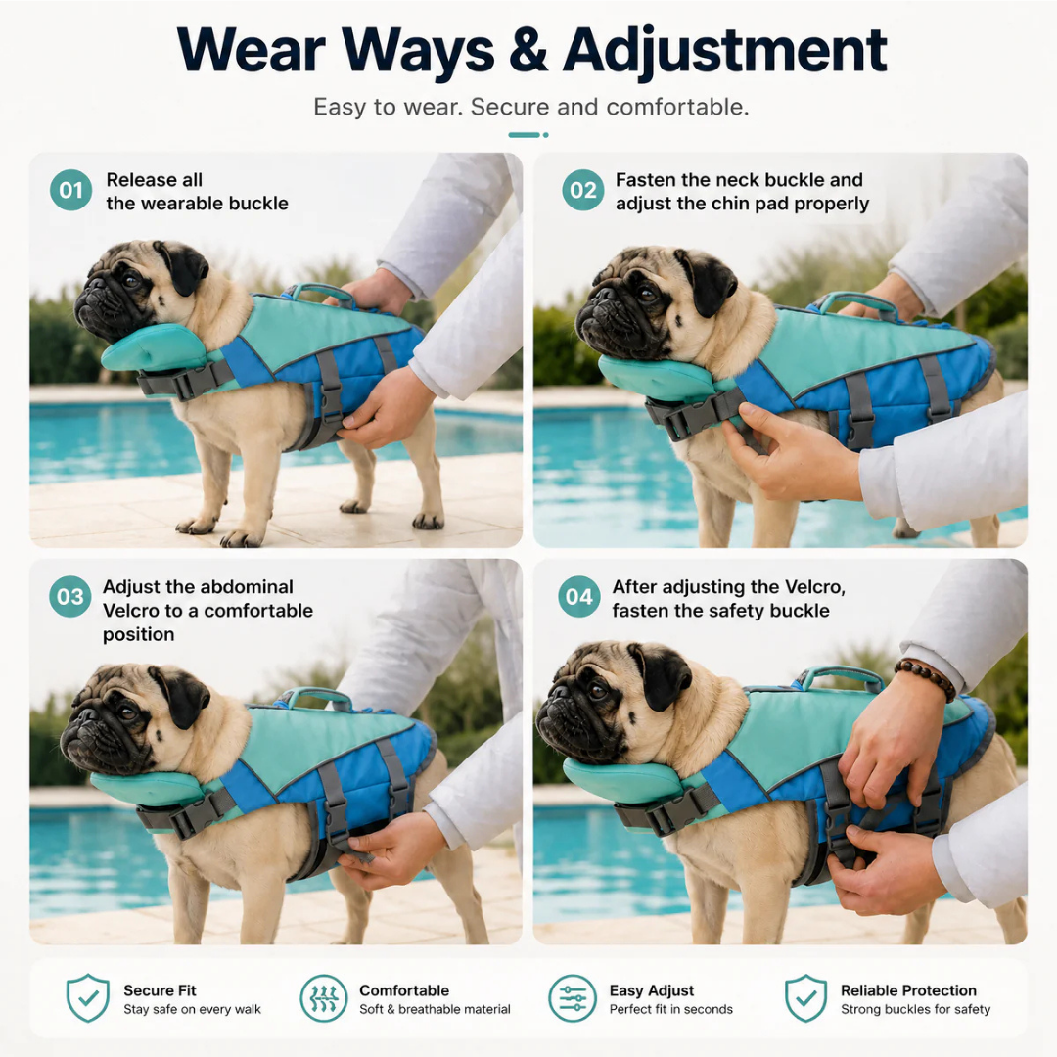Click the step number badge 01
tap(70, 190)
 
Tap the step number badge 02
tap(583, 190)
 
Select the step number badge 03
tap(70, 597)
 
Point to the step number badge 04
tap(579, 597)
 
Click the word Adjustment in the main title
tap(724, 52)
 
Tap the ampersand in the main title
tap(529, 50)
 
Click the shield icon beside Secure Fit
tap(88, 998)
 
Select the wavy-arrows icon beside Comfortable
tap(324, 998)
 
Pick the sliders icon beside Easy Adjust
tap(573, 998)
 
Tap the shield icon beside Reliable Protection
tap(805, 998)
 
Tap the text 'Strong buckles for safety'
tap(915, 1009)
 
